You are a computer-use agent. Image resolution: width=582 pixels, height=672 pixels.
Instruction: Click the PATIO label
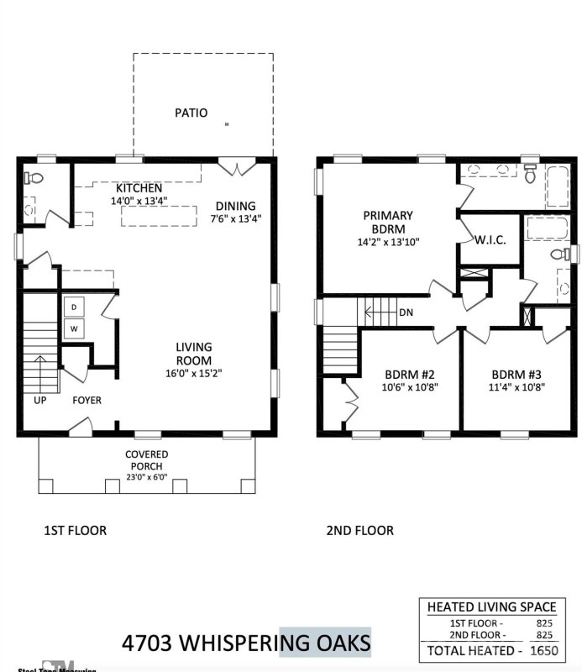point(191,113)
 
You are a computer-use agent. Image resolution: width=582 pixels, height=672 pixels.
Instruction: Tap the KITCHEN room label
point(139,188)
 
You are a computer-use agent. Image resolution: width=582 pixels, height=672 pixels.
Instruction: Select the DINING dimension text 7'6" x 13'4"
point(235,219)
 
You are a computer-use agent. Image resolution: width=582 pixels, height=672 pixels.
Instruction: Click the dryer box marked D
point(73,307)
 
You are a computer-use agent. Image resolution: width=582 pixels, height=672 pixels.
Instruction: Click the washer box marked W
point(73,328)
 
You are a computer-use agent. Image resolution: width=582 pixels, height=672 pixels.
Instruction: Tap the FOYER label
point(87,401)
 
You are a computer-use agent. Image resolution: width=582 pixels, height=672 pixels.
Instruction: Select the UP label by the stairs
point(39,401)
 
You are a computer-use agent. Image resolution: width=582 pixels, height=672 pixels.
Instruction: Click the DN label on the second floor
point(406,312)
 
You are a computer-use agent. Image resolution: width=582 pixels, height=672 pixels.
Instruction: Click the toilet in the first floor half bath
point(34,178)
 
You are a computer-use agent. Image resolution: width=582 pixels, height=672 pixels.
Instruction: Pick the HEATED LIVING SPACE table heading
point(491,607)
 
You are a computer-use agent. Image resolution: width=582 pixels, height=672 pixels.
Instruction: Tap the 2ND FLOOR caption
point(359,531)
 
